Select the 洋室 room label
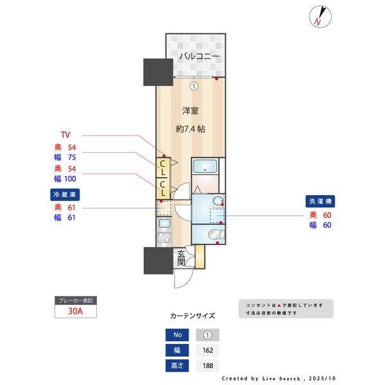[x=191, y=110]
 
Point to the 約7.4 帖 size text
[x=191, y=129]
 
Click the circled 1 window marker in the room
[x=194, y=85]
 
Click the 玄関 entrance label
[x=182, y=258]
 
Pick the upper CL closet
[x=164, y=169]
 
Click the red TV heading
[x=65, y=135]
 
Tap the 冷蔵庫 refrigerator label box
[x=65, y=194]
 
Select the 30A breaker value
[x=76, y=312]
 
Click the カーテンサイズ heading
[x=193, y=316]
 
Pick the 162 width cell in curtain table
[x=209, y=350]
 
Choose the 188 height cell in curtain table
[x=209, y=366]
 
